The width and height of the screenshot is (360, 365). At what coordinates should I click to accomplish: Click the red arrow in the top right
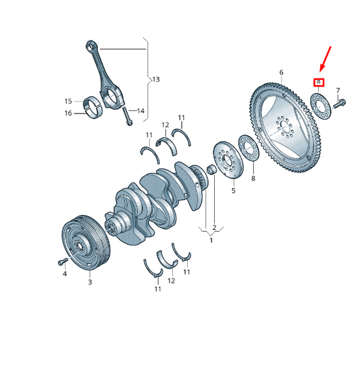[326, 59]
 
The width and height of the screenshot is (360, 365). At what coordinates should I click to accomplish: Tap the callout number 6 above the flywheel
[281, 72]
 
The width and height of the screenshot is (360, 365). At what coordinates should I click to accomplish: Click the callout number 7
[338, 90]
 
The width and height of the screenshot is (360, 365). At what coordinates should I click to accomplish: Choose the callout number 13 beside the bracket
[156, 80]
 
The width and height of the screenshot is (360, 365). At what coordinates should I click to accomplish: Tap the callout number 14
[141, 111]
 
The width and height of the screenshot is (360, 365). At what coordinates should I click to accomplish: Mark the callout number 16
[68, 113]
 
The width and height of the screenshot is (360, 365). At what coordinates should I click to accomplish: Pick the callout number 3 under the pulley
[89, 282]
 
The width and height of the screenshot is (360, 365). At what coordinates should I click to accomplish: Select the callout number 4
[65, 274]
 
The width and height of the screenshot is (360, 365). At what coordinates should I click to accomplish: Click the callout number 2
[214, 227]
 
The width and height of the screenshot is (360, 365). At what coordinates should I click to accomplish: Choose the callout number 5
[233, 191]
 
